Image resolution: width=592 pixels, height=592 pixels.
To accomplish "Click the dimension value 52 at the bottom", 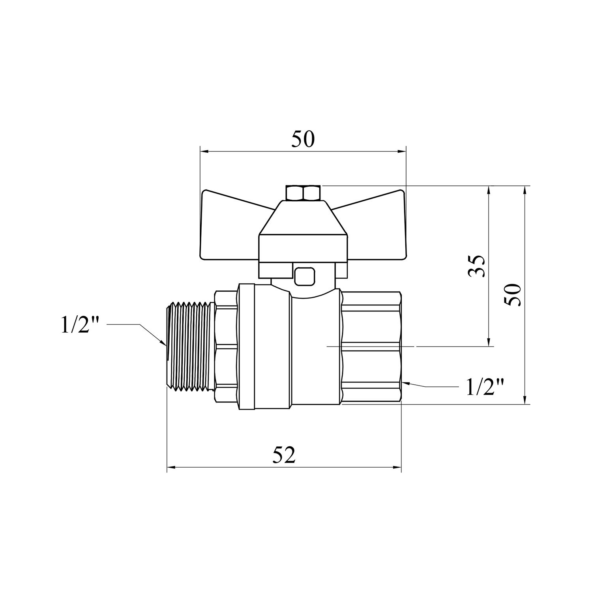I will coord(284,456).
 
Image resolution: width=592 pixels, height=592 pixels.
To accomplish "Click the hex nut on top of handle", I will coord(303,193).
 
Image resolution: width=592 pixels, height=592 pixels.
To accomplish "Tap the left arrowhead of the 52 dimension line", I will coord(171,468).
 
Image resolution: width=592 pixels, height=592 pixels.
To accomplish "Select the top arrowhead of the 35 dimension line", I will coord(489,190).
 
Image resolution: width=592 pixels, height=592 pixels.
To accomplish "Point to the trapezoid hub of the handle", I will coord(303,221).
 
